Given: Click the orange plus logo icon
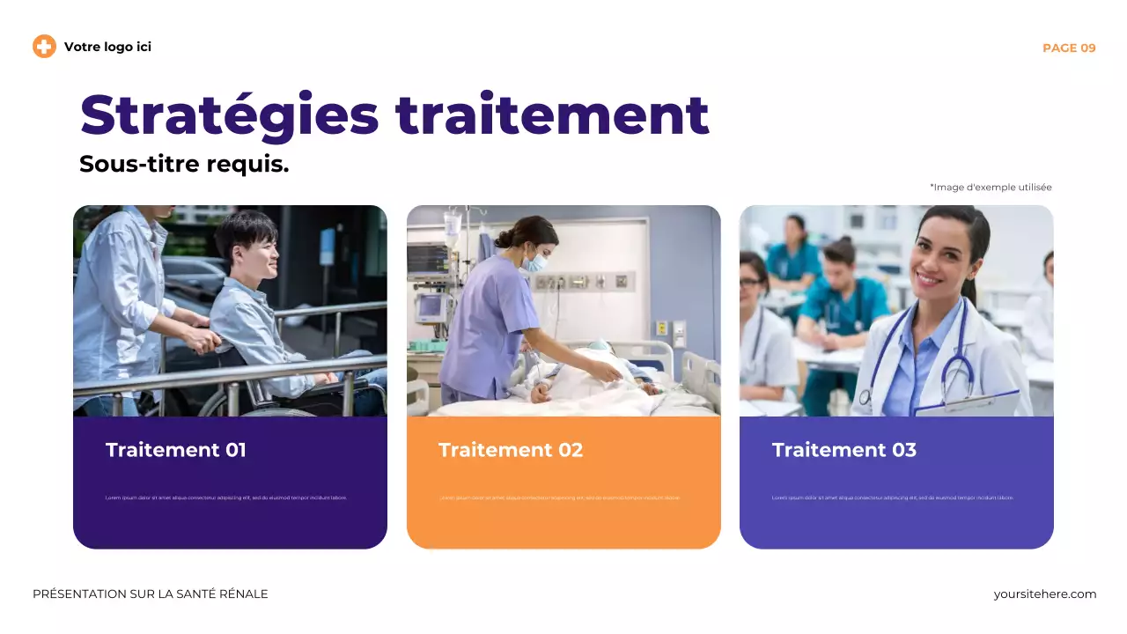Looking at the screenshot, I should (x=44, y=47).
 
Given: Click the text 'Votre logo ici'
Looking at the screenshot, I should (x=107, y=47).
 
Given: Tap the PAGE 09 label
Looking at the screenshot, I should (x=1069, y=48).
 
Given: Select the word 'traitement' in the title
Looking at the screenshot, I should (x=552, y=115).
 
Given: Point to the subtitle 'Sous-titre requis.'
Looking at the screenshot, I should (x=184, y=164).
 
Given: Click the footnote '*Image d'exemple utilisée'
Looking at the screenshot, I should (x=991, y=187).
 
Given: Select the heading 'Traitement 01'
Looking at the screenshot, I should (x=176, y=450).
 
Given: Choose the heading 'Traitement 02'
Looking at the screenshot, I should (x=511, y=450).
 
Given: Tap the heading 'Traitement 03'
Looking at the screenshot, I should (x=843, y=450).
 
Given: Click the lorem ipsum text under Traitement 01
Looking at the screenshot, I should (x=226, y=498).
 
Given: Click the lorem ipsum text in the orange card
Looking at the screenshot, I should (x=560, y=498).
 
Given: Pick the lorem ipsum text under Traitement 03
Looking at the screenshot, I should (x=893, y=498).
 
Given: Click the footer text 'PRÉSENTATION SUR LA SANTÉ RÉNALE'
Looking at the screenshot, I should (x=151, y=594).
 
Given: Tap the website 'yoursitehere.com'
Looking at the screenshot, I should (x=1045, y=594).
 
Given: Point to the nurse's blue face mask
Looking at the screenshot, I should (x=534, y=262).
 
